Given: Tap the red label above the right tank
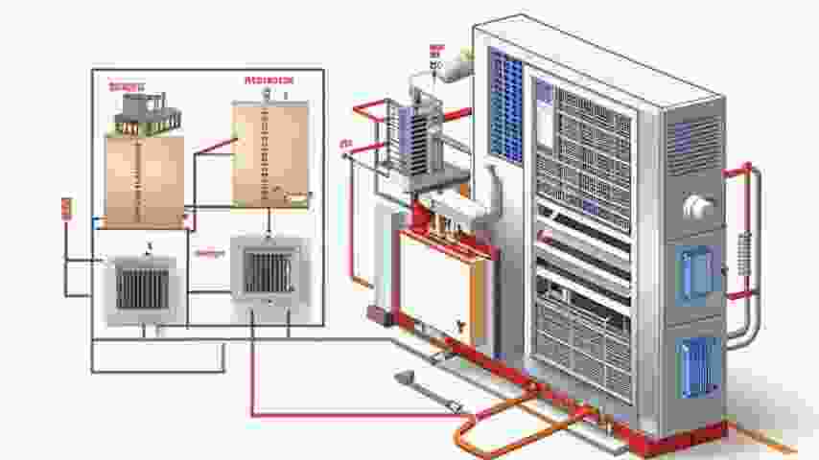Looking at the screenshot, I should click(269, 80).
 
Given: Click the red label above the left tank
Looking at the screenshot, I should click(126, 87).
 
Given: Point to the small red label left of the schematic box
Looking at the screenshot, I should click(66, 208).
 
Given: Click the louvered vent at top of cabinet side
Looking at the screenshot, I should click(694, 145).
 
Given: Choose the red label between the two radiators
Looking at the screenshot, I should click(209, 253).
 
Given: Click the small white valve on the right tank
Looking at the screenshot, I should click(298, 197).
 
